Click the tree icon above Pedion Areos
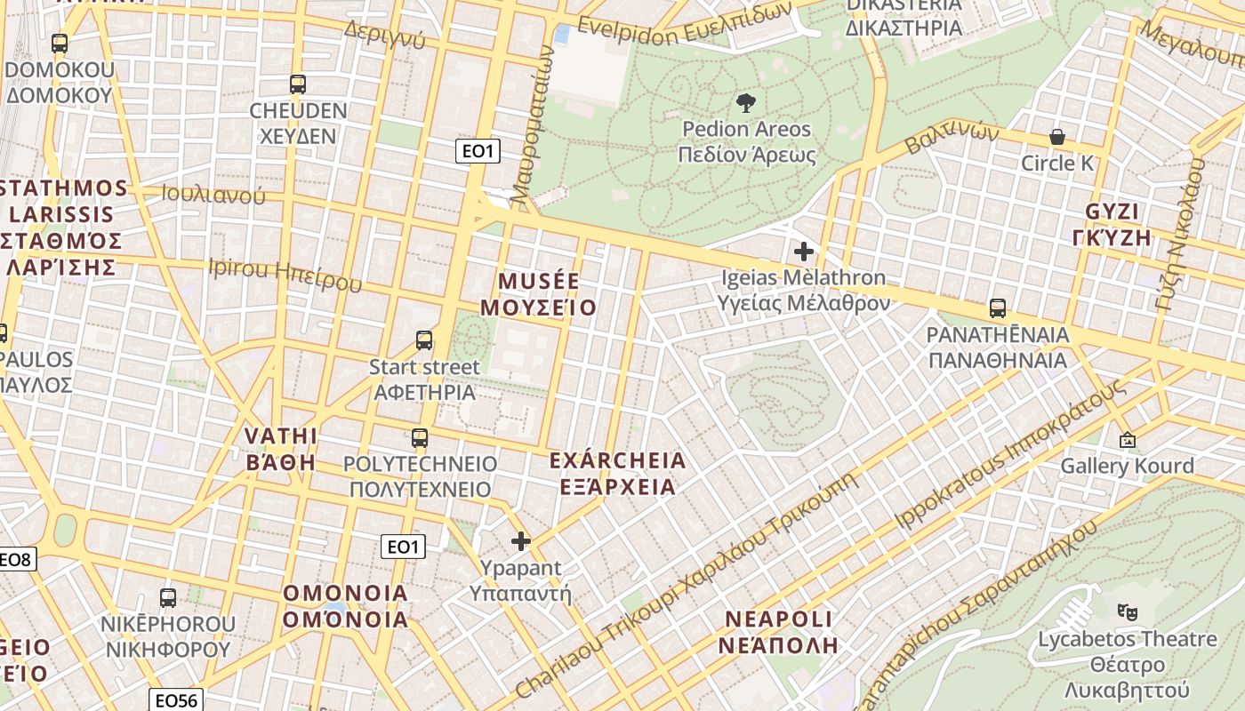click(746, 102)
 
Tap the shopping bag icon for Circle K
click(1057, 137)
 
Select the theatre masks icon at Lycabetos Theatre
click(1128, 611)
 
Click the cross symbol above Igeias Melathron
click(804, 252)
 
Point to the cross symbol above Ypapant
click(521, 540)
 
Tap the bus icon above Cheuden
click(298, 84)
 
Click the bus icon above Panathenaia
click(998, 308)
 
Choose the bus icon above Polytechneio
click(420, 437)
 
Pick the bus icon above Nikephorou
click(168, 597)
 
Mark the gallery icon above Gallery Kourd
click(1128, 439)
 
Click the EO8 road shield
click(16, 560)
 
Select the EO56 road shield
click(174, 699)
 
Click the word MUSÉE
click(538, 282)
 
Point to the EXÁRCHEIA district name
click(617, 460)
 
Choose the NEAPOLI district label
click(778, 619)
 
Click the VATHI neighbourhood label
click(280, 435)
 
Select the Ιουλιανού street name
click(214, 194)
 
